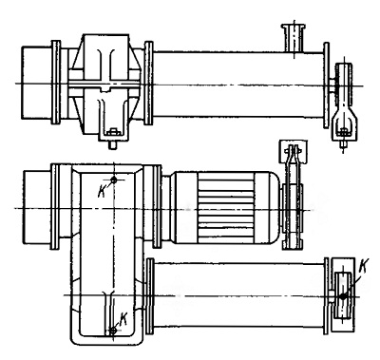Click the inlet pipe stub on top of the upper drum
click(294, 38)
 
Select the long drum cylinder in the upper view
click(238, 85)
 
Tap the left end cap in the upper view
click(37, 83)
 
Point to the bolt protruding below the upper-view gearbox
click(112, 145)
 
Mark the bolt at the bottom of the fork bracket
click(344, 139)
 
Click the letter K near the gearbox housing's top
click(103, 191)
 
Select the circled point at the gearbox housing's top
click(113, 180)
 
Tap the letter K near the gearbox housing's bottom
click(123, 319)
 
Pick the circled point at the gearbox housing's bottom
click(113, 331)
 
